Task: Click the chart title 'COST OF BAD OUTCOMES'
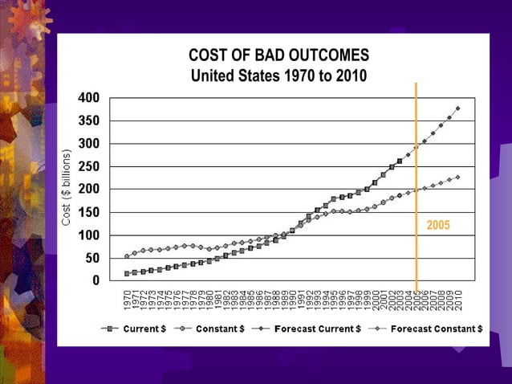tap(278, 55)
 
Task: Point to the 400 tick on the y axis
tap(88, 97)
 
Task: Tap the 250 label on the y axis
tap(88, 166)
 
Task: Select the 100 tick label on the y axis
tap(88, 235)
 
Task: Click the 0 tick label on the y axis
tap(95, 281)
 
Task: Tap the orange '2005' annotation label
tap(437, 226)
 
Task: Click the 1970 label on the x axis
tap(127, 300)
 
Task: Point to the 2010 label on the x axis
tap(458, 300)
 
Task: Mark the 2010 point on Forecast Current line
tap(458, 108)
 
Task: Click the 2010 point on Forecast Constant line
tap(458, 177)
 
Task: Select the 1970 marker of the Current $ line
tap(127, 274)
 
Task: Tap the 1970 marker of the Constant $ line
tap(127, 256)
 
